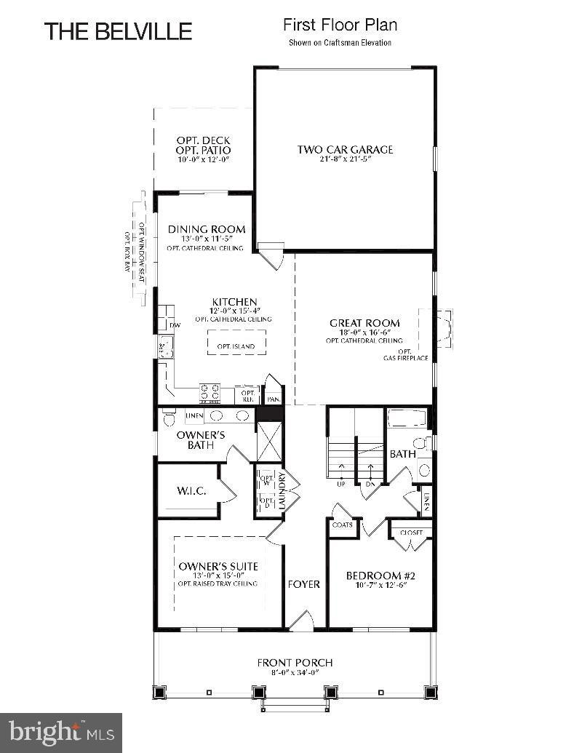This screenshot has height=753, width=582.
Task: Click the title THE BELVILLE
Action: tap(119, 31)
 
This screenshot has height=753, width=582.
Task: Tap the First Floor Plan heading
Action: tap(340, 25)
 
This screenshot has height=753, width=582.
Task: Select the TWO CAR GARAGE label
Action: tap(345, 150)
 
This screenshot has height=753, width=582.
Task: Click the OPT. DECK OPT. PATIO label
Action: tap(204, 146)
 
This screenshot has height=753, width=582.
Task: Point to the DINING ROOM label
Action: tap(207, 229)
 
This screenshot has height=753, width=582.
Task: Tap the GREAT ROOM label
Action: tap(364, 323)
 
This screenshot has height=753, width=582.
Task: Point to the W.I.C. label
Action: tap(192, 491)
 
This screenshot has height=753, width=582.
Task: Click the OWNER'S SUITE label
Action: tap(218, 567)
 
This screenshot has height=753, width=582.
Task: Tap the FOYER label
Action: tap(304, 584)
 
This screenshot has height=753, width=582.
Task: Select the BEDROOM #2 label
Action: tap(380, 575)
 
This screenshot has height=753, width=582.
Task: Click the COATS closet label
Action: tap(342, 525)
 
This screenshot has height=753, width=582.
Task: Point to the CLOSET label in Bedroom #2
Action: tap(411, 533)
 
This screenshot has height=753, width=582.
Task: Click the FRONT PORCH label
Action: tap(295, 663)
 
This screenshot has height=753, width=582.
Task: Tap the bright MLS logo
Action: tap(61, 730)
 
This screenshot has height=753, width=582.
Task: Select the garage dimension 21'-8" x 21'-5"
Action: tap(345, 159)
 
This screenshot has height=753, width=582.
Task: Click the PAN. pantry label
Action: tap(274, 399)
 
